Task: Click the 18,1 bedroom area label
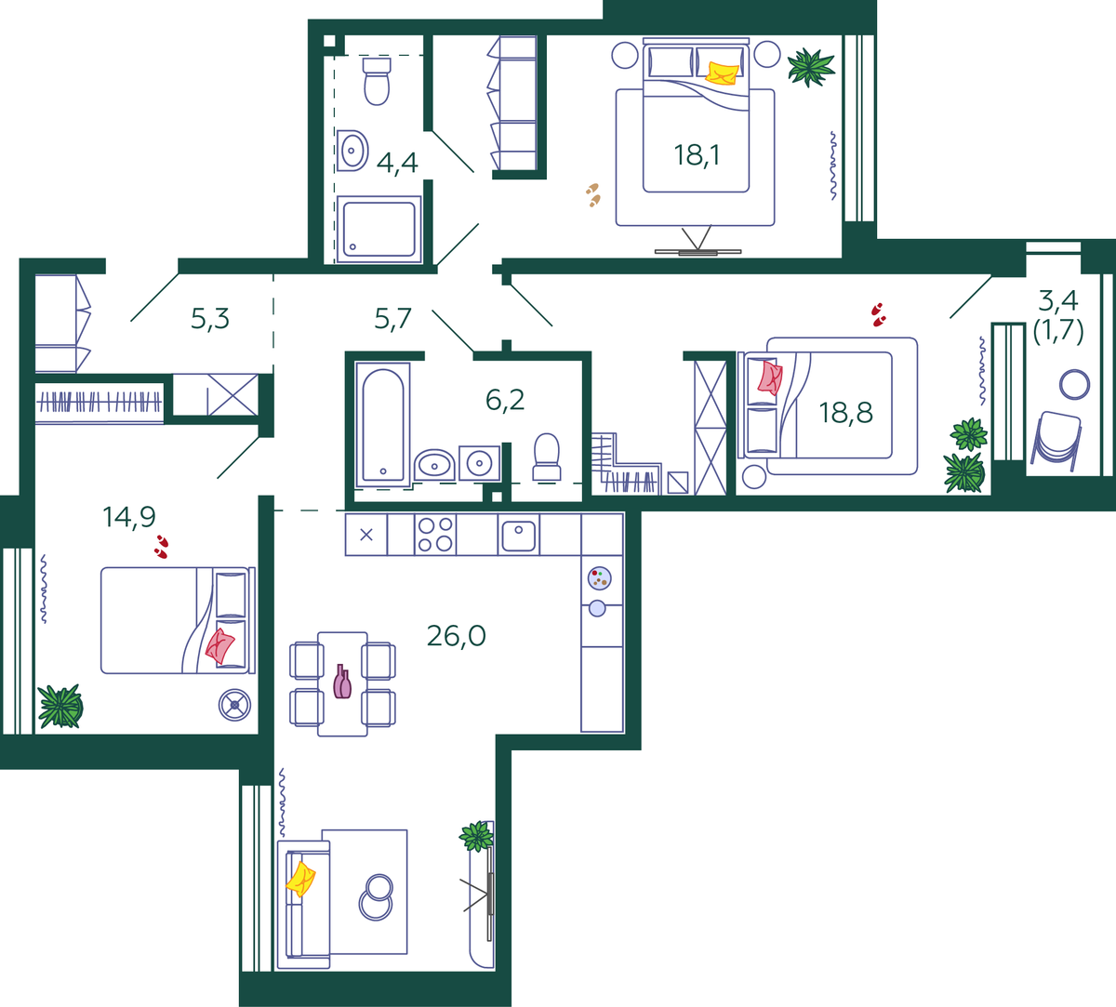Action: click(x=697, y=155)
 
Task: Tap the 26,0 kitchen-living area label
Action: click(x=457, y=635)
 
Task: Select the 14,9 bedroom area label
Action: click(x=129, y=517)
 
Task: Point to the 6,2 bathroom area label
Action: click(x=505, y=400)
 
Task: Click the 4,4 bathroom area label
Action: click(x=397, y=163)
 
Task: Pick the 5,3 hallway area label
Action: click(x=210, y=319)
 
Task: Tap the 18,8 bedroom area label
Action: click(x=845, y=413)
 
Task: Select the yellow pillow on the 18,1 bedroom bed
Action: click(x=722, y=73)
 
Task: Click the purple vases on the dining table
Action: click(x=342, y=682)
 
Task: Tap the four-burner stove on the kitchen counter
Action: click(x=435, y=534)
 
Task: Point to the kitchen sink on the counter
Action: click(x=519, y=536)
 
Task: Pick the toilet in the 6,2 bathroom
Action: click(x=546, y=457)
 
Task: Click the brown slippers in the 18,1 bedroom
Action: click(x=593, y=194)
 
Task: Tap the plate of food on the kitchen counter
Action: click(x=600, y=578)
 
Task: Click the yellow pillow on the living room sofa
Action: click(x=300, y=879)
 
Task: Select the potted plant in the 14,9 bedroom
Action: click(x=60, y=706)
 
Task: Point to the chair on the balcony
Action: click(x=1056, y=441)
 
